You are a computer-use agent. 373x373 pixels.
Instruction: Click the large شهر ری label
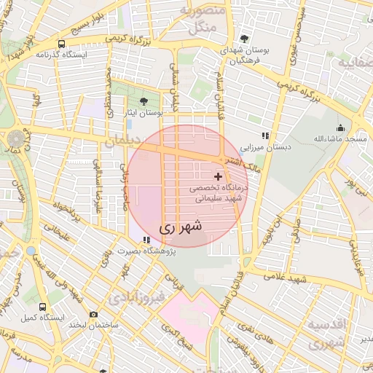click(x=179, y=227)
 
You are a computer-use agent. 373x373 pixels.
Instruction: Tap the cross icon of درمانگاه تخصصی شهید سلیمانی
click(x=218, y=176)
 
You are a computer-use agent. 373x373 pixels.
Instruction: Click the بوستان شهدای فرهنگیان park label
click(x=245, y=55)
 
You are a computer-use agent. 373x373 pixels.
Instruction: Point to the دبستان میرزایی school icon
click(x=266, y=136)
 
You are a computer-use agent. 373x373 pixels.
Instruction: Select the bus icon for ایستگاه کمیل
click(x=43, y=307)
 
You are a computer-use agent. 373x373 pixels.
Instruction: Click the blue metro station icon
click(x=31, y=251)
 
